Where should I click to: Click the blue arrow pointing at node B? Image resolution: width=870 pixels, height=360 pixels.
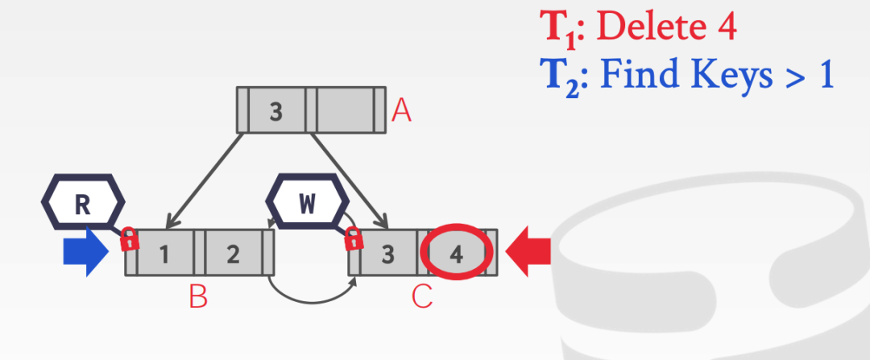[85, 253]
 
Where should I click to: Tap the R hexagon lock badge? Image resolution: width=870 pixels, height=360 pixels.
[82, 204]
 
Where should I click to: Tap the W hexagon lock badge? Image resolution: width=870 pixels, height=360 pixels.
[307, 204]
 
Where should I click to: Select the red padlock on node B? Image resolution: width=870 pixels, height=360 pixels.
[129, 239]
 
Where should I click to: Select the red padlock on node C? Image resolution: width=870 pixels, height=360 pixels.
[352, 239]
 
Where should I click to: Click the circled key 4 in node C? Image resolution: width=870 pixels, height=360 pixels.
[456, 254]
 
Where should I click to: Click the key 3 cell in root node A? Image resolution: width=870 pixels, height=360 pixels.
[276, 111]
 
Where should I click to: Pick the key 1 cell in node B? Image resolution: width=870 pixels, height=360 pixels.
[165, 254]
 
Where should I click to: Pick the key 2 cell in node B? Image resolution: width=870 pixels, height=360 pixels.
[233, 254]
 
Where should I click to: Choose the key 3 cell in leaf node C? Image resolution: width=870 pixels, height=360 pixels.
[388, 254]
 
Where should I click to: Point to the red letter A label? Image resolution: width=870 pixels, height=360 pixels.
[401, 111]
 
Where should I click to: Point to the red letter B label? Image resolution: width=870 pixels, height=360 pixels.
[198, 298]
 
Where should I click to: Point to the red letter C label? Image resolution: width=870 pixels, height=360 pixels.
[422, 298]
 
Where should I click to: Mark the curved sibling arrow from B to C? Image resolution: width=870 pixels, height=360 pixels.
[312, 298]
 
